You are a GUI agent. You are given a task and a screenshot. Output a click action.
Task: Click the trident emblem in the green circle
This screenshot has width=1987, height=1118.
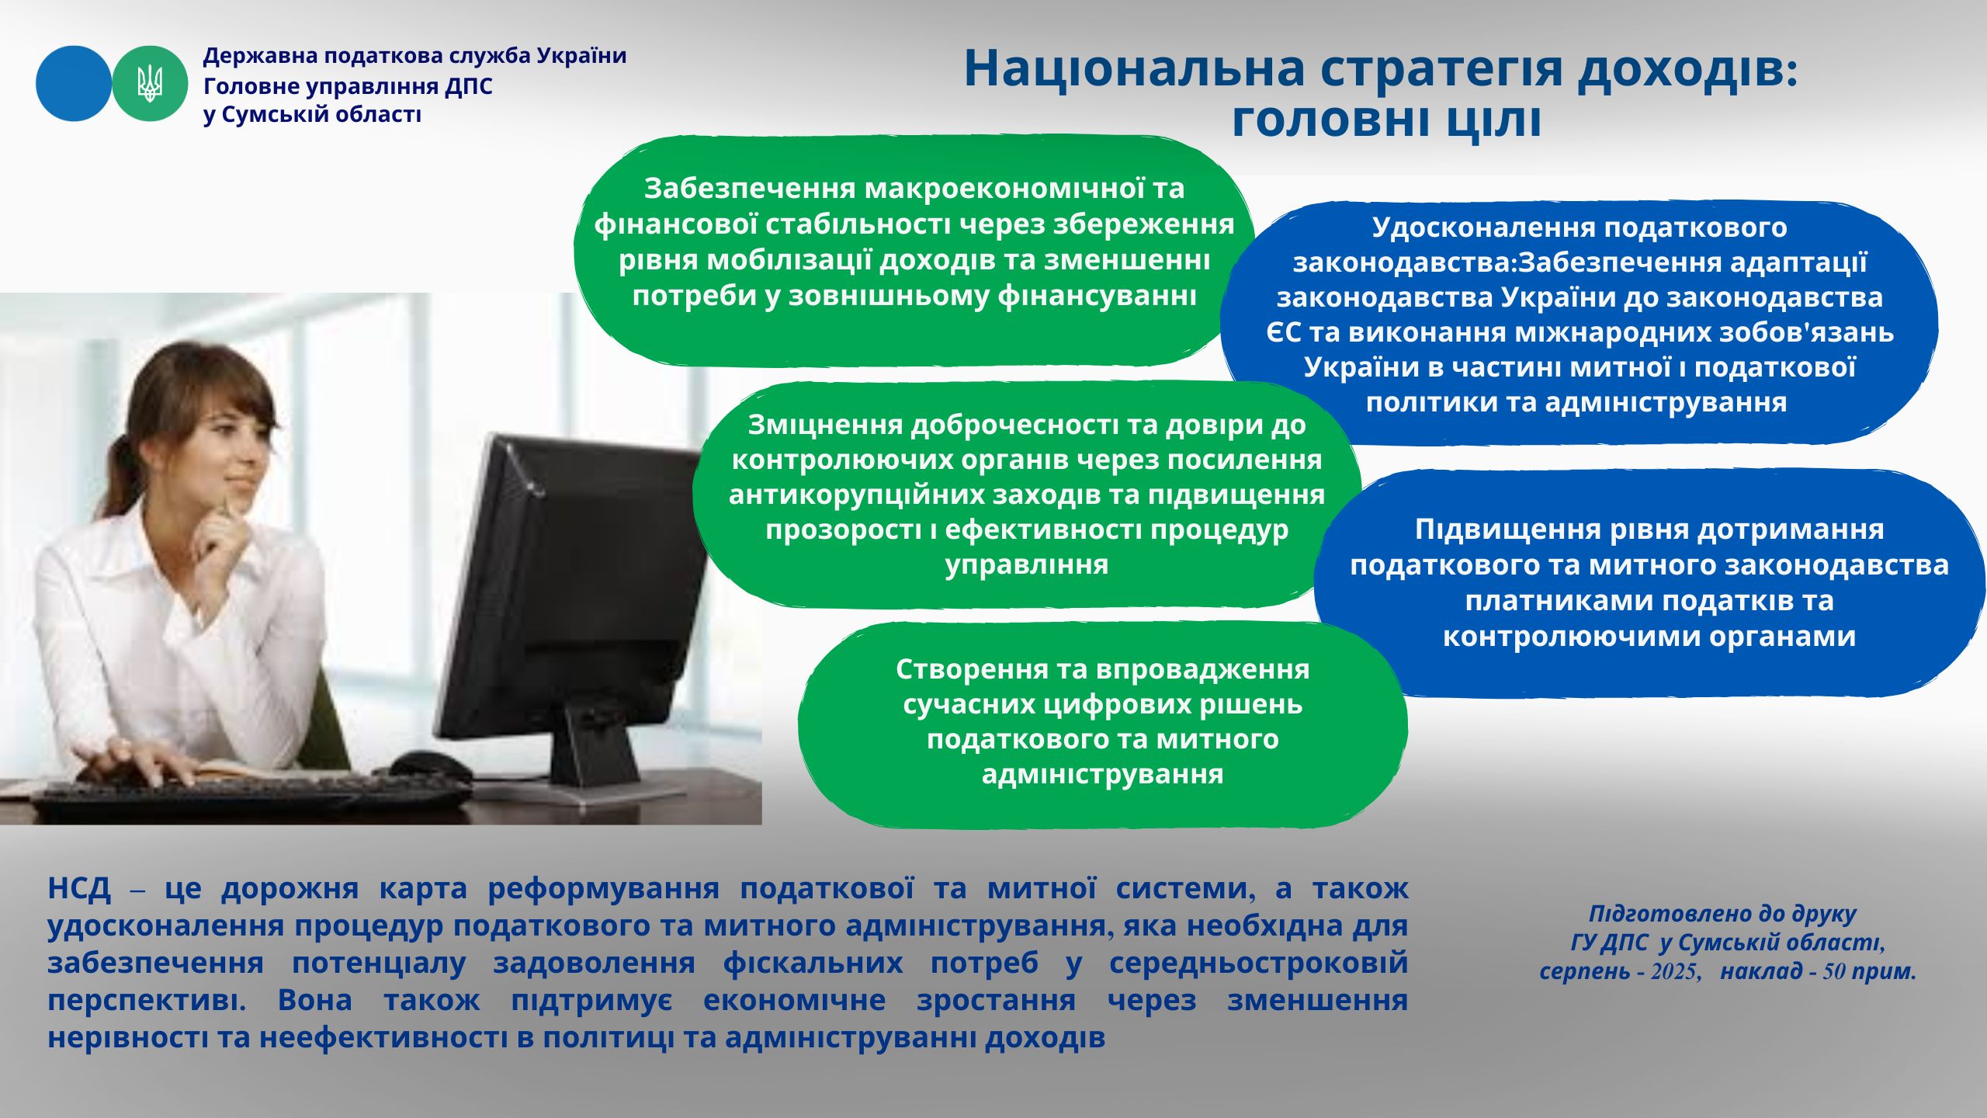tap(150, 83)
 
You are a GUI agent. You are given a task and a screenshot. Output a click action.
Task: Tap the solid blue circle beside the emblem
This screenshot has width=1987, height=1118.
tap(74, 83)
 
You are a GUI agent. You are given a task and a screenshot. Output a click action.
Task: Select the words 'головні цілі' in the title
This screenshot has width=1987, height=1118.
tap(1386, 120)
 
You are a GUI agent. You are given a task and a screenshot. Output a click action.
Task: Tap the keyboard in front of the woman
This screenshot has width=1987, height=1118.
tap(248, 796)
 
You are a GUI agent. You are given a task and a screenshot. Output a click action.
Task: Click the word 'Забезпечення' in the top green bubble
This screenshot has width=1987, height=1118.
tap(750, 189)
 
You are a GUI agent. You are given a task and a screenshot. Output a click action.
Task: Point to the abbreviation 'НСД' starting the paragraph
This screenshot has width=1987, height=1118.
tap(79, 888)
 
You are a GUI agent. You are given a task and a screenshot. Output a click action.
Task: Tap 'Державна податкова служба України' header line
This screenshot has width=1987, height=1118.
tap(414, 56)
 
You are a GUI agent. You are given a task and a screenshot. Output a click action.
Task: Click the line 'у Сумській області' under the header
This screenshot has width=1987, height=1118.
tap(312, 115)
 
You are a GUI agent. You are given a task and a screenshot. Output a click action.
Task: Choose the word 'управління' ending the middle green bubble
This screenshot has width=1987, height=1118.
tap(1027, 564)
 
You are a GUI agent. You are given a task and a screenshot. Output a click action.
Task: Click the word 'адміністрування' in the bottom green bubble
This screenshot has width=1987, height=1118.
tap(1103, 774)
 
